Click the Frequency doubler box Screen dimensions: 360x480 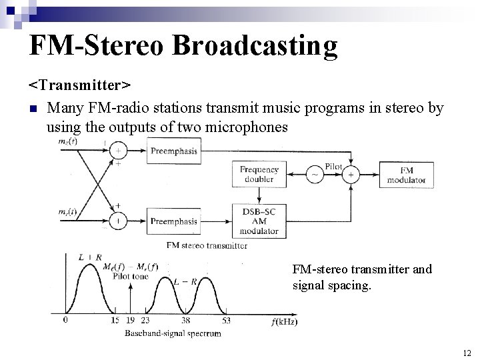coord(259,175)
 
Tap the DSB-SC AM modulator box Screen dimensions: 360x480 coord(259,221)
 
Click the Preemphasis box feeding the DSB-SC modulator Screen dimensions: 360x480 coord(173,221)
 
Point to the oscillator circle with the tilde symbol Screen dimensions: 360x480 coord(315,175)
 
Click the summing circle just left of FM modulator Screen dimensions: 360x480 coord(351,175)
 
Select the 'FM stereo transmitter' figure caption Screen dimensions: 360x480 coord(207,245)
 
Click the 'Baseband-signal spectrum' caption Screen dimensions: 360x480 coord(173,333)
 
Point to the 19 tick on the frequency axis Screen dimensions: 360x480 coord(130,321)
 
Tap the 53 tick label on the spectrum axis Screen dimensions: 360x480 coord(227,321)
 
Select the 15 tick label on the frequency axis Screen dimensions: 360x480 coord(115,321)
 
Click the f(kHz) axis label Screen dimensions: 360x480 coord(285,322)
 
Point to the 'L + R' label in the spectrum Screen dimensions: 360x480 coord(87,257)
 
